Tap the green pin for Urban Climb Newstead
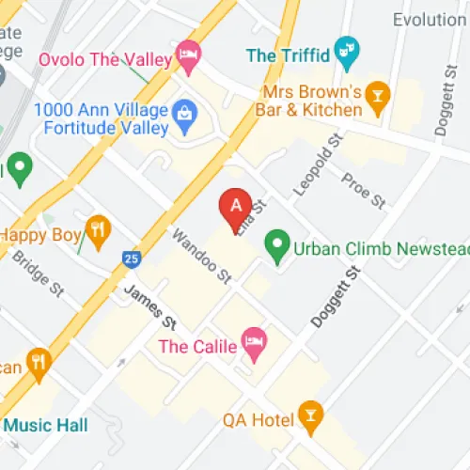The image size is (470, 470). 275,246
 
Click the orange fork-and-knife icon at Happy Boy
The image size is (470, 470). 97,227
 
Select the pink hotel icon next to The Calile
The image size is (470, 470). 253,340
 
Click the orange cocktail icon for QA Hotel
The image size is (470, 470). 310,413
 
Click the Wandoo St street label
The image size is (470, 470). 200,255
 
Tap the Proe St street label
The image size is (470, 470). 363,190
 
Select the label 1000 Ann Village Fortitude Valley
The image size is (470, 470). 102,119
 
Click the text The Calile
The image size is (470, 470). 197,345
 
